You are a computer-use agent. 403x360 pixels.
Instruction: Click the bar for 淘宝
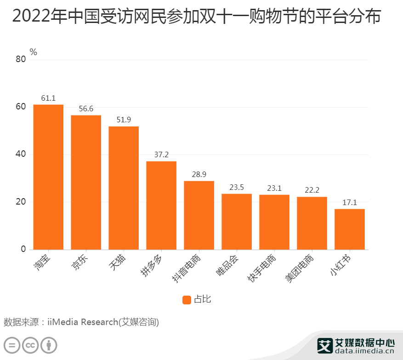tap(48, 177)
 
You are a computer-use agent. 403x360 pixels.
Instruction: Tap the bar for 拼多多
tap(161, 206)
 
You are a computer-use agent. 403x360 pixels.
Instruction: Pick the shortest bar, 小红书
tap(350, 229)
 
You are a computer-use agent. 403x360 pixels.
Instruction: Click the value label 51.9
tap(124, 119)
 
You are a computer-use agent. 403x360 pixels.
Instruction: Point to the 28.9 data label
tap(199, 174)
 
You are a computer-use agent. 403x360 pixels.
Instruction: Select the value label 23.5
tap(237, 187)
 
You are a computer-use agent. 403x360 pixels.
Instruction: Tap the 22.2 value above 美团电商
tap(312, 190)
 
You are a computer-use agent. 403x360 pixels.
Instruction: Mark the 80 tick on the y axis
tap(21, 59)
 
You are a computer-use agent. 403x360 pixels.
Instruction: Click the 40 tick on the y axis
tap(21, 154)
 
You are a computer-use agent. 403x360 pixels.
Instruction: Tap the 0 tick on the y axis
tap(23, 250)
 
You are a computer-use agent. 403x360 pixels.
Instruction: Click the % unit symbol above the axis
tap(33, 52)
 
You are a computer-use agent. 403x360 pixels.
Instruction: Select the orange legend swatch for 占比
tap(187, 300)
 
